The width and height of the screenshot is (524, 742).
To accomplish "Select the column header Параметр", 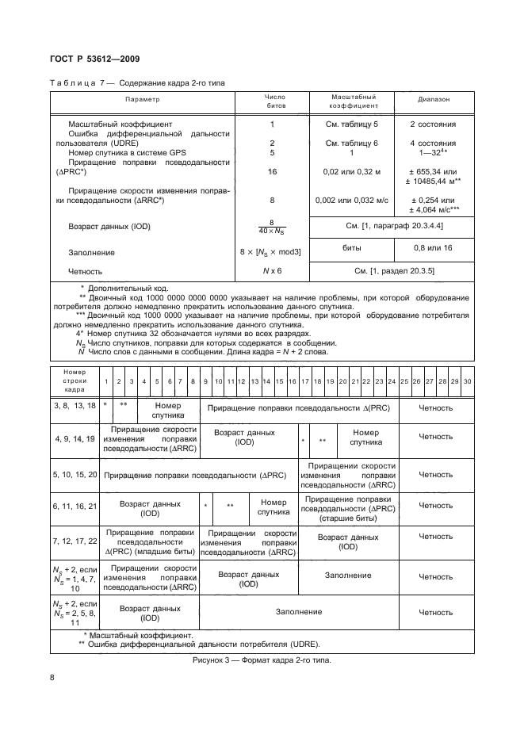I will (x=142, y=100).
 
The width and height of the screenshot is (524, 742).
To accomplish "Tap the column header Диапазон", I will (x=434, y=100).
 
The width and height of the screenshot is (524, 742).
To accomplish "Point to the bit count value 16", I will (x=273, y=171).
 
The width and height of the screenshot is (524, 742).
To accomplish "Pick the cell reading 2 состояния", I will (x=433, y=124).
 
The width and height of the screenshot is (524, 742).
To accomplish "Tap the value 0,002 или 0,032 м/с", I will (x=352, y=201).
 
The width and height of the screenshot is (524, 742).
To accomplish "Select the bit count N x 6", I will (x=272, y=271).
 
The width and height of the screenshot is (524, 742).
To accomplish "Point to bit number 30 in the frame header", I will (x=467, y=382).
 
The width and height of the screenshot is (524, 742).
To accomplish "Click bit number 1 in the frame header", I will (x=105, y=382).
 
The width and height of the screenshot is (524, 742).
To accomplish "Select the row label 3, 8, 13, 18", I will (x=75, y=405).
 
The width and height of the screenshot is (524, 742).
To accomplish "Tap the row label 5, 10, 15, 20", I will (x=75, y=474).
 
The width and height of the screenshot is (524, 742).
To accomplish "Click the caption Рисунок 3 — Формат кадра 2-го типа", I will (x=261, y=660).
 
